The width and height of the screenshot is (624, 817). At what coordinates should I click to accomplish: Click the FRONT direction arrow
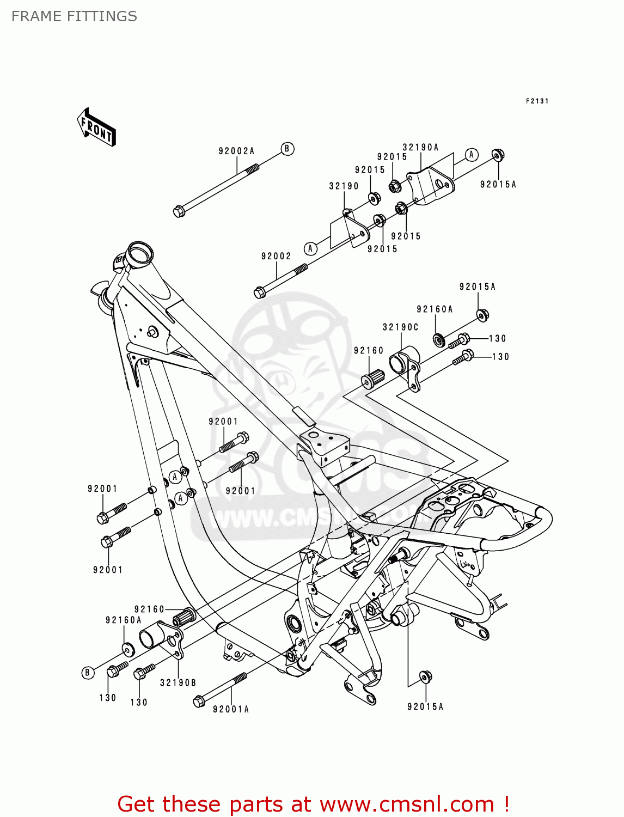[x=96, y=127]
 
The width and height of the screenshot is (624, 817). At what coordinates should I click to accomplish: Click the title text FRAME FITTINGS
[x=74, y=16]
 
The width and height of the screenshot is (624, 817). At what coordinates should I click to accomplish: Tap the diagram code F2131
[x=537, y=101]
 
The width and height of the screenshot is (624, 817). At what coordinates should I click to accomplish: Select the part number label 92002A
[x=236, y=151]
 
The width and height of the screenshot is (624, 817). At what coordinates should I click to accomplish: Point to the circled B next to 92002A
[x=287, y=149]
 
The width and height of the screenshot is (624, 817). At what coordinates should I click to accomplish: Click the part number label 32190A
[x=420, y=147]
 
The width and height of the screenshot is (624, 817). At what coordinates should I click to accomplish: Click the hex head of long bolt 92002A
[x=179, y=211]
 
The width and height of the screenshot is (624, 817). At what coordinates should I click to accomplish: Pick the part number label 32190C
[x=400, y=327]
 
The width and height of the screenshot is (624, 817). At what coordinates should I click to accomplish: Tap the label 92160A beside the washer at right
[x=435, y=309]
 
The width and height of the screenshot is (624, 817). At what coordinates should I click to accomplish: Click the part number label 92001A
[x=231, y=709]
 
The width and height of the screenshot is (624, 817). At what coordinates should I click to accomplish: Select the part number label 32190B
[x=178, y=682]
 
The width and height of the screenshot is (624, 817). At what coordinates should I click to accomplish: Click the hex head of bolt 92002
[x=260, y=292]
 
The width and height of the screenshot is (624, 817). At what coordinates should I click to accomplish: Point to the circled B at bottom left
[x=87, y=673]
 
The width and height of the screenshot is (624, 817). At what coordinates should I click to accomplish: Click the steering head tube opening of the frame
[x=139, y=254]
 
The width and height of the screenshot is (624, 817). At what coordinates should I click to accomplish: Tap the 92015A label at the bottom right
[x=425, y=706]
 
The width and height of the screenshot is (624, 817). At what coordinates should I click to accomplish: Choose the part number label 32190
[x=344, y=186]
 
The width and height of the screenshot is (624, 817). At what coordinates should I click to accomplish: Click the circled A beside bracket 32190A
[x=472, y=155]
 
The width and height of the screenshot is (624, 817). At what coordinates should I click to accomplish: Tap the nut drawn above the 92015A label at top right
[x=498, y=155]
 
